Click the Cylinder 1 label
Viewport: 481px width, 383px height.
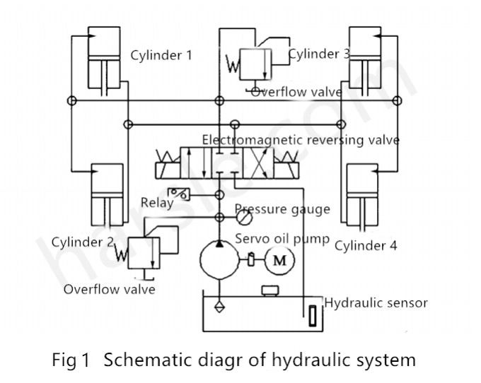[161, 56]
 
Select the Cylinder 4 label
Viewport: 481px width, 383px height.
[366, 246]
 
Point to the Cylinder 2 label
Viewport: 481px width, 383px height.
[83, 242]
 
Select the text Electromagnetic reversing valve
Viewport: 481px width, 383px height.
[301, 140]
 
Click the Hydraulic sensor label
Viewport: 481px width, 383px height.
[376, 303]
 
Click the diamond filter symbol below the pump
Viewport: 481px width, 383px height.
[219, 307]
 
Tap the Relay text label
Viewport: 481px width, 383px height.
[156, 204]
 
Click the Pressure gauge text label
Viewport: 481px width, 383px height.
[283, 209]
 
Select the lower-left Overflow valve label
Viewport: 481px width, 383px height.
[109, 289]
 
